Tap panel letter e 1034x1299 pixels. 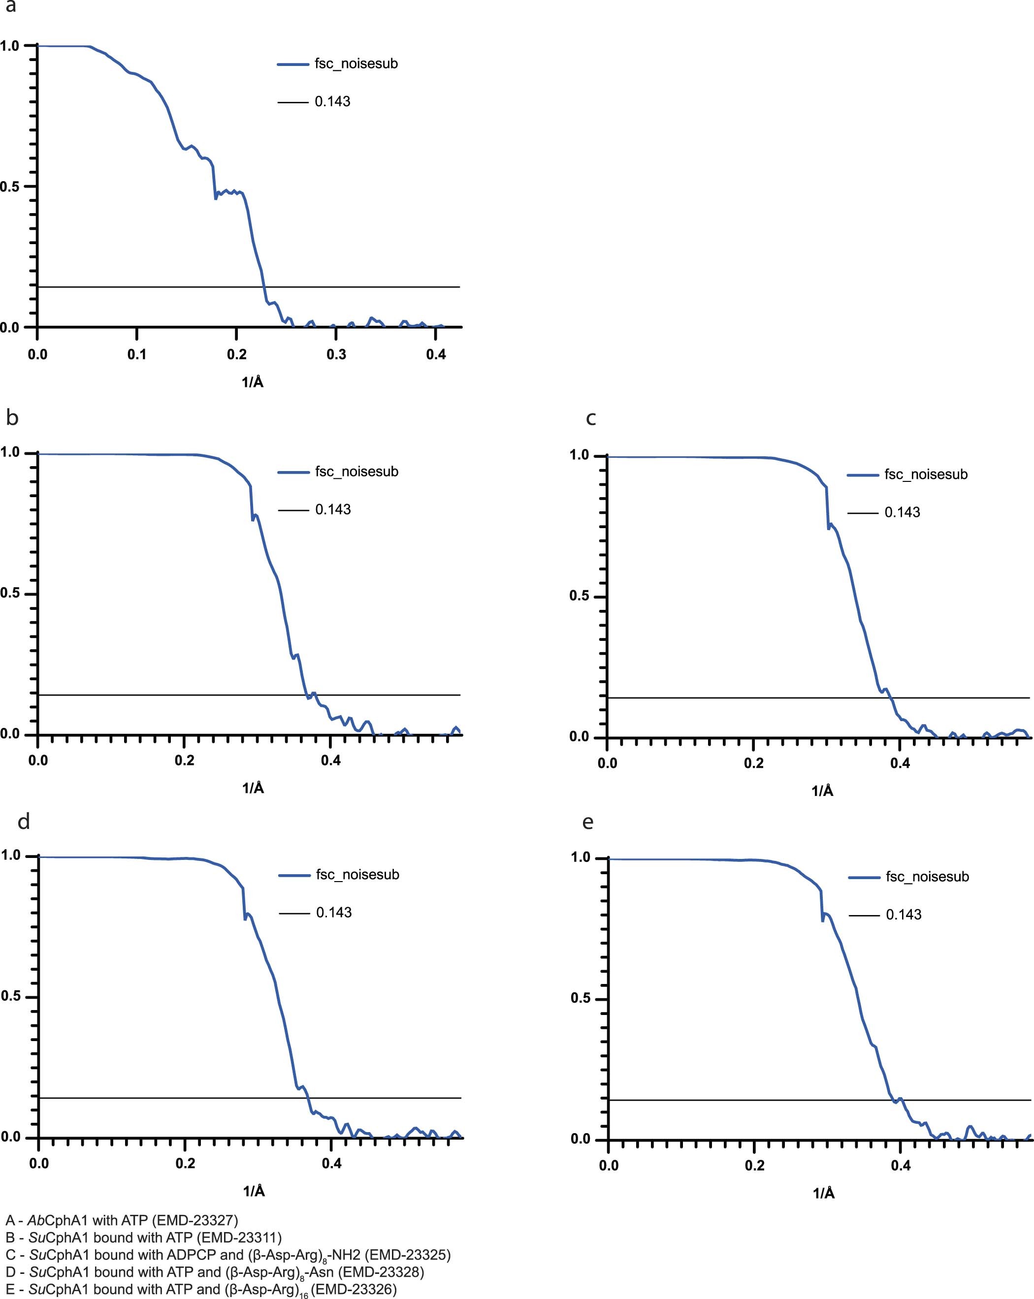point(588,822)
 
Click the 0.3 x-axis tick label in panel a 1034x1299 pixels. point(336,354)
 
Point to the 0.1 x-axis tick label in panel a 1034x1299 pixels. point(137,354)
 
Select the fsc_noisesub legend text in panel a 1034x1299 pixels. point(356,64)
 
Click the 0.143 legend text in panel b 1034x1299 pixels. point(333,510)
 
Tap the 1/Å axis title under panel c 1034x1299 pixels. point(822,791)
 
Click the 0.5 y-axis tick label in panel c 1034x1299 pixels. point(579,597)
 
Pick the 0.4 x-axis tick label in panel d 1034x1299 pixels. point(331,1164)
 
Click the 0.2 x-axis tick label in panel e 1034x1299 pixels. point(754,1166)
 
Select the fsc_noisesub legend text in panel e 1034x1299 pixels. point(927,877)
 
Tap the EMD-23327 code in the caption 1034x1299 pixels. point(194,1221)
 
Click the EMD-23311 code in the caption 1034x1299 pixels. point(238,1237)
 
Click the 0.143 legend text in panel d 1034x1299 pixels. point(334,913)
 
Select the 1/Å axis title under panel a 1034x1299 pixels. point(253,382)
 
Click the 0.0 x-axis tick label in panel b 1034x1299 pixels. point(38,760)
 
